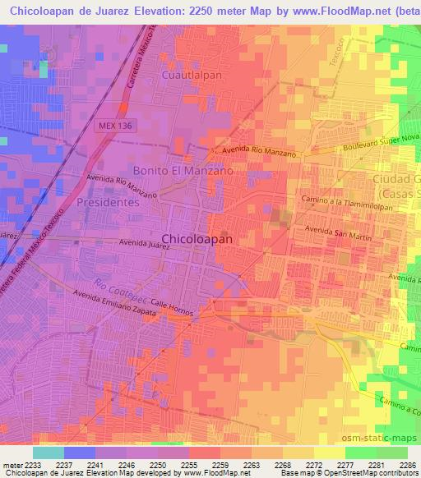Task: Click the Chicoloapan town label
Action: point(197,239)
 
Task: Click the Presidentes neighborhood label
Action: point(106,201)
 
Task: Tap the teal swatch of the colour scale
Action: point(48,453)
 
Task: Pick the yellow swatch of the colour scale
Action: point(329,453)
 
